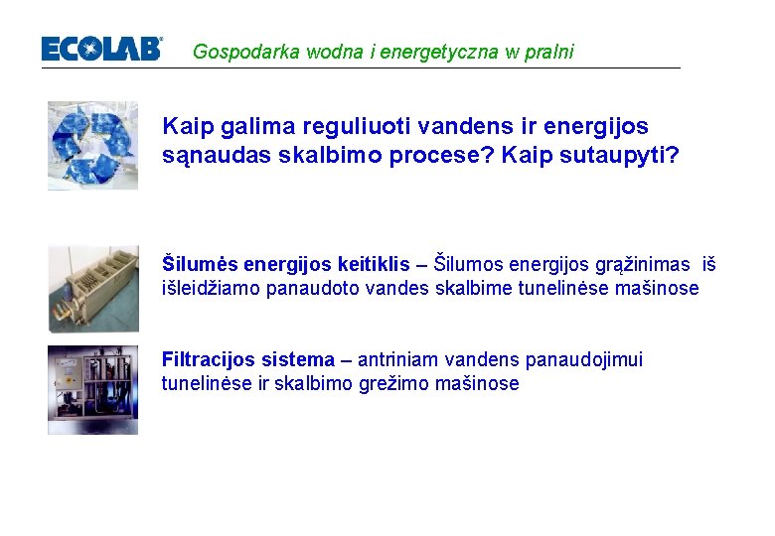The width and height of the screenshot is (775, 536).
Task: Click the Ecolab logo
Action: tap(101, 49)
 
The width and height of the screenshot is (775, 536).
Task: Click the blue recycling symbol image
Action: tap(92, 145)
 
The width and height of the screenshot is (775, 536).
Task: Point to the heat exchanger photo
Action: tap(93, 288)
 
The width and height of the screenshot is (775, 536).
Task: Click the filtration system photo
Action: tap(92, 389)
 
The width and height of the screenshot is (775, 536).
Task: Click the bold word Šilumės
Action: tap(199, 264)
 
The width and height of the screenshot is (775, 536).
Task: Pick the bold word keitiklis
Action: tap(373, 264)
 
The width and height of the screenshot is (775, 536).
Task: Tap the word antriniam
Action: tap(398, 359)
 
